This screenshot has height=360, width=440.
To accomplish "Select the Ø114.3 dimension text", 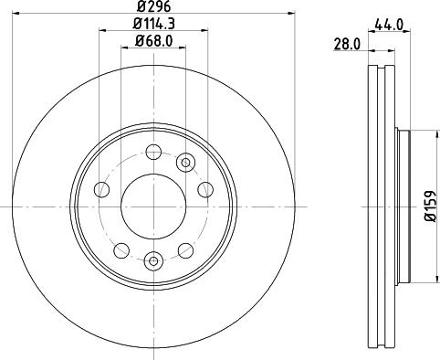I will [152, 23].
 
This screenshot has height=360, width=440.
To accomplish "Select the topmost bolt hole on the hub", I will [152, 152].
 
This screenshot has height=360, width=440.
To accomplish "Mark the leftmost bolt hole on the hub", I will [101, 189].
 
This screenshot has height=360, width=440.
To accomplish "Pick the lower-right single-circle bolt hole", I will [183, 249].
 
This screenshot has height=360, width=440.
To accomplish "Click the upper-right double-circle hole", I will [186, 163].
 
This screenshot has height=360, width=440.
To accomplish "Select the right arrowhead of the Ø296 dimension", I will [294, 14].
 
